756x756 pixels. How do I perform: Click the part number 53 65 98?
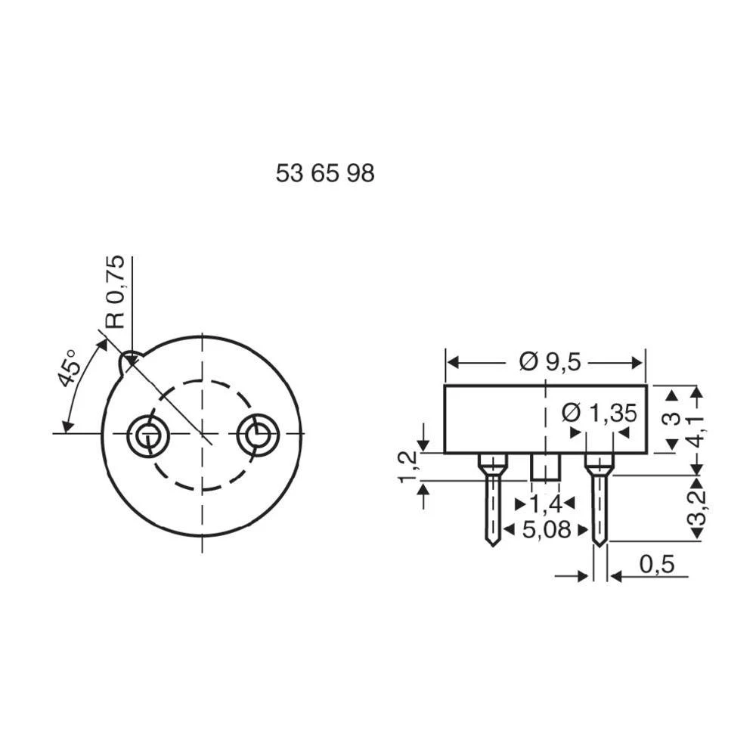tap(325, 174)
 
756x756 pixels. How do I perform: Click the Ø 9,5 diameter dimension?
tap(550, 362)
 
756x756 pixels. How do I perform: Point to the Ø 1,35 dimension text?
tap(599, 413)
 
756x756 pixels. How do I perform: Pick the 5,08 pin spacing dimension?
tap(546, 529)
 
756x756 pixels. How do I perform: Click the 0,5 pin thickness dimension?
tap(655, 565)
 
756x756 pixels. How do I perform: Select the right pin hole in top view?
tap(258, 434)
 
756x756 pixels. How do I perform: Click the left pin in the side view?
tap(492, 499)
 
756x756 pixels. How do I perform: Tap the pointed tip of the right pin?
tap(599, 542)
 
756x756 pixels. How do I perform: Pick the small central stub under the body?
tap(544, 466)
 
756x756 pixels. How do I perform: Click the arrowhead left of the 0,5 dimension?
tap(582, 577)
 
